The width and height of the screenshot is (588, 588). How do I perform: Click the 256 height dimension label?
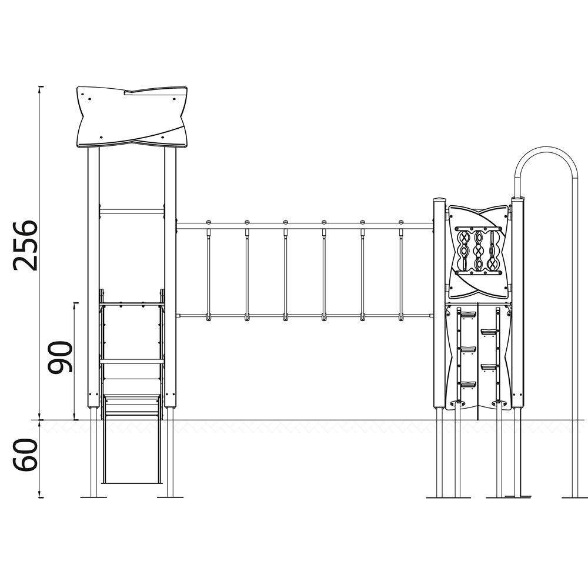[x=25, y=245]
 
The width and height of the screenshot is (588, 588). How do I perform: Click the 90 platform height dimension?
[x=60, y=357]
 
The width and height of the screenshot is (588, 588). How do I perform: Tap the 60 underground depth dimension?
[x=25, y=455]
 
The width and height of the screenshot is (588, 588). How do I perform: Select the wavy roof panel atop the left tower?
[x=132, y=117]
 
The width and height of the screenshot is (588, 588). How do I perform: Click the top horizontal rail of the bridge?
[x=305, y=226]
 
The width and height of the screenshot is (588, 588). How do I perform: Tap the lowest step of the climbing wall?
[x=468, y=384]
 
